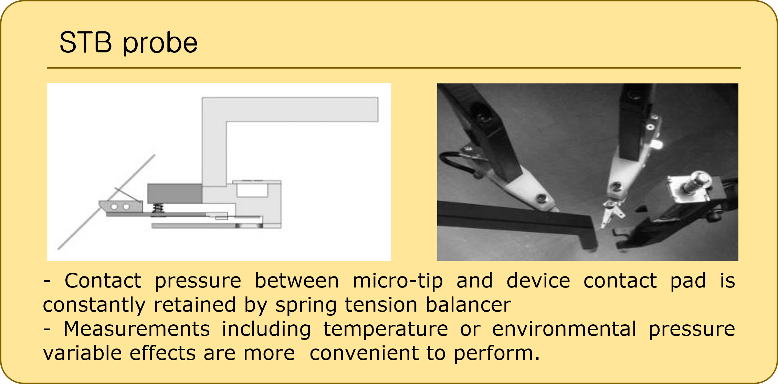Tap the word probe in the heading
point(160,44)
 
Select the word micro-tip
point(398,281)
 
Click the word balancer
point(468,305)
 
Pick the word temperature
point(386,330)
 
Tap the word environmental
point(564,329)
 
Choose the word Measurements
point(137,329)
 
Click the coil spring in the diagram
point(158,209)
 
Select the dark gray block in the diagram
point(175,193)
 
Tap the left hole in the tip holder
point(114,207)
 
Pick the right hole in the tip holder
point(126,207)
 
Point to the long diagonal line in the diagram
point(106,202)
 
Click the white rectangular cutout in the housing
point(252,190)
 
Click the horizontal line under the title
point(394,68)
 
